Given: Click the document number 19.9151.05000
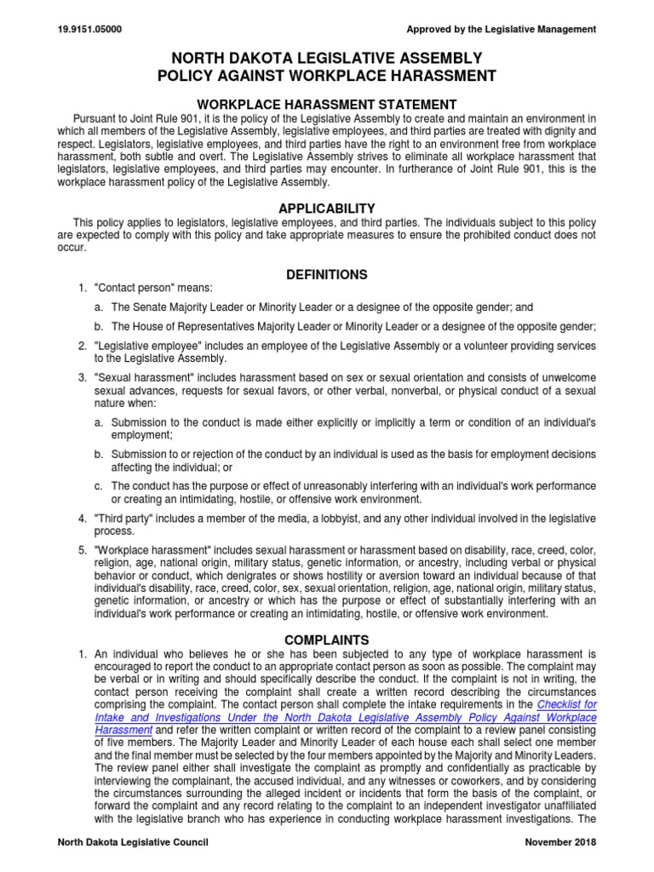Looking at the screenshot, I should click(89, 30).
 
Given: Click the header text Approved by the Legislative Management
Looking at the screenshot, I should click(502, 30).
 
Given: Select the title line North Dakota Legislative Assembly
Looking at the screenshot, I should click(327, 58).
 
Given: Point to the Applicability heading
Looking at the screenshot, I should click(327, 208).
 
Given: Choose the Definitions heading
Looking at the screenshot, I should click(327, 274).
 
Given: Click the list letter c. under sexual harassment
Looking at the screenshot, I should click(99, 486).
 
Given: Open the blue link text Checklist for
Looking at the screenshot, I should click(566, 706).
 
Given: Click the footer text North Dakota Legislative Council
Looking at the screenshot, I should click(132, 842).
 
